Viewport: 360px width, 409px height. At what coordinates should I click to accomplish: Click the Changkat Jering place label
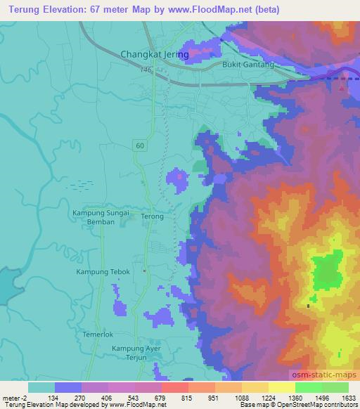click(x=155, y=53)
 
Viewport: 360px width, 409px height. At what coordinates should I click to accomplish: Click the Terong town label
click(x=153, y=216)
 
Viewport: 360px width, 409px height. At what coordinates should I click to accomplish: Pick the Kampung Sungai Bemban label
click(x=100, y=216)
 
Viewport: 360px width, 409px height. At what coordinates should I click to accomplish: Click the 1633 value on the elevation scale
click(x=348, y=397)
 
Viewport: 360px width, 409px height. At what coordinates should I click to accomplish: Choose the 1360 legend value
click(x=295, y=397)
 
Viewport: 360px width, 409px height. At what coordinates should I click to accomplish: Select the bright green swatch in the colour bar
click(x=309, y=387)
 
